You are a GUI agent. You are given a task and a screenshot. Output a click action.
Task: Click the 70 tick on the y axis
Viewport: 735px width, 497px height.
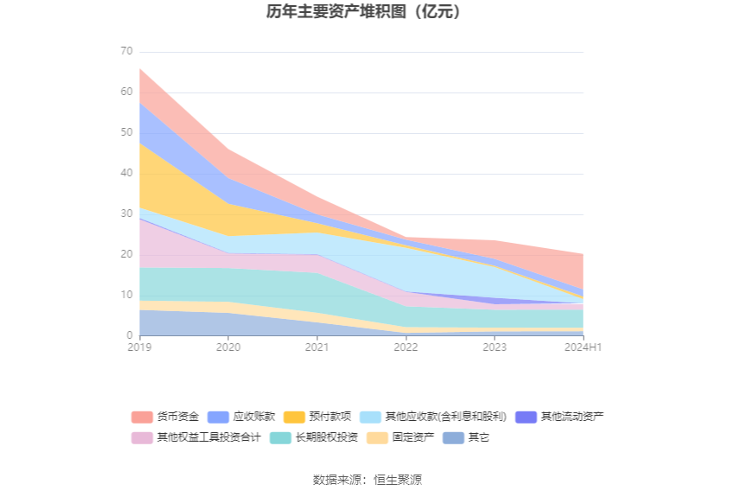tap(126, 51)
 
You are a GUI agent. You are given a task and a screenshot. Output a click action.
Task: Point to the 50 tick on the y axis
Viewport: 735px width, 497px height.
tap(126, 132)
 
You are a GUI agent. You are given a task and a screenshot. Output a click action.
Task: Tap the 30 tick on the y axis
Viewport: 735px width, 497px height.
tap(126, 213)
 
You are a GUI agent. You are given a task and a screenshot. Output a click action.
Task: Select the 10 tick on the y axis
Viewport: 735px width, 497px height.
tap(126, 295)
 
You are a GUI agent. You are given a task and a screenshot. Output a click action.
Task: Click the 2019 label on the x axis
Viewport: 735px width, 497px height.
tap(138, 347)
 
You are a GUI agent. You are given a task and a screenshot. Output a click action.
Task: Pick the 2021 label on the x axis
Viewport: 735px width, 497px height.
tap(316, 347)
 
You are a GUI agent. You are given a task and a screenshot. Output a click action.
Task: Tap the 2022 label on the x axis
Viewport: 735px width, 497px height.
tap(406, 347)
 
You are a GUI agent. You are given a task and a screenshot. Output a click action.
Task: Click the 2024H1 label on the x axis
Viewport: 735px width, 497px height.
tap(582, 347)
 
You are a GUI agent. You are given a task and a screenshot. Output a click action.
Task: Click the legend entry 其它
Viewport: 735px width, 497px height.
tap(467, 437)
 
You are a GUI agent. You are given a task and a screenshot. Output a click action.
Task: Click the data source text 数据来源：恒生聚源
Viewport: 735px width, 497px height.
tap(367, 480)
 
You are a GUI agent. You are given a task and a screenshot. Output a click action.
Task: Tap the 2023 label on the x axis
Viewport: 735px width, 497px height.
tap(495, 347)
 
